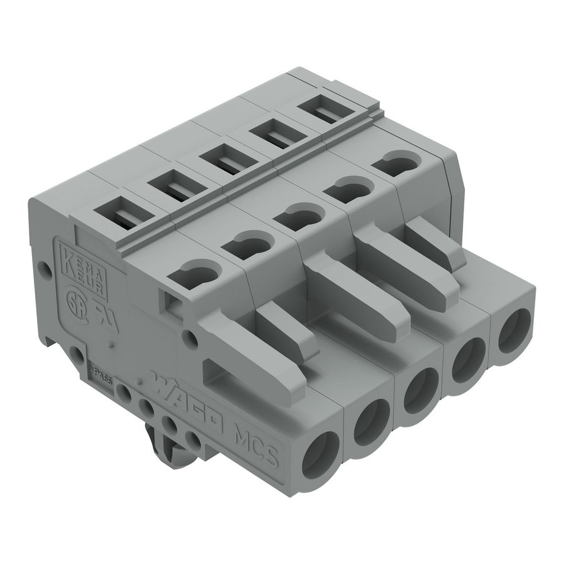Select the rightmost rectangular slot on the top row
point(324,113)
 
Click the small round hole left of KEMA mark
point(44,270)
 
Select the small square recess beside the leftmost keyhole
point(169,303)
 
